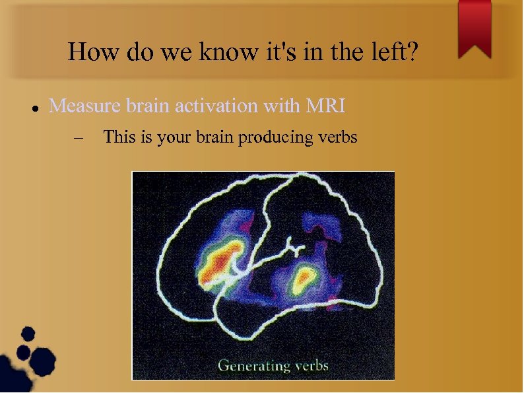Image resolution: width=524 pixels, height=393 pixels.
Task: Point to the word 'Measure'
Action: (x=82, y=106)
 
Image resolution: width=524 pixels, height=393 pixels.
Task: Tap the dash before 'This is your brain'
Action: (x=80, y=138)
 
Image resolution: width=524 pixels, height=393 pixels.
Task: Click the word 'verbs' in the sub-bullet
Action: (x=337, y=137)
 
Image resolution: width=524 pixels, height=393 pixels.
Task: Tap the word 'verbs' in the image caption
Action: (x=309, y=365)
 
